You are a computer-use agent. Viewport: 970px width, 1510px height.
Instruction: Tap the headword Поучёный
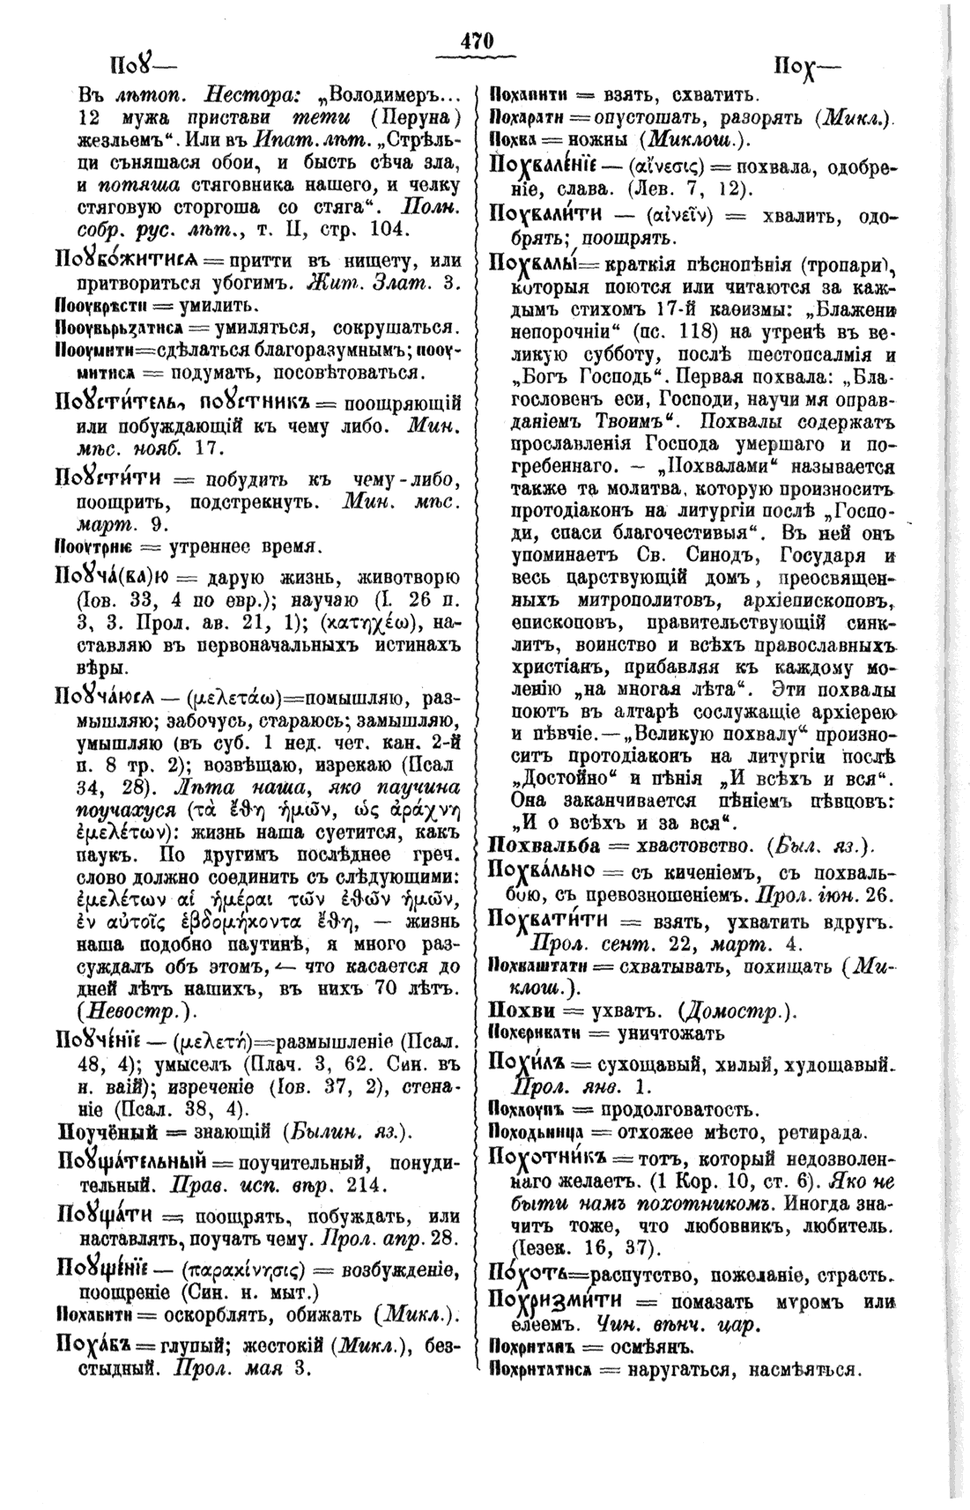click(x=107, y=1130)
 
